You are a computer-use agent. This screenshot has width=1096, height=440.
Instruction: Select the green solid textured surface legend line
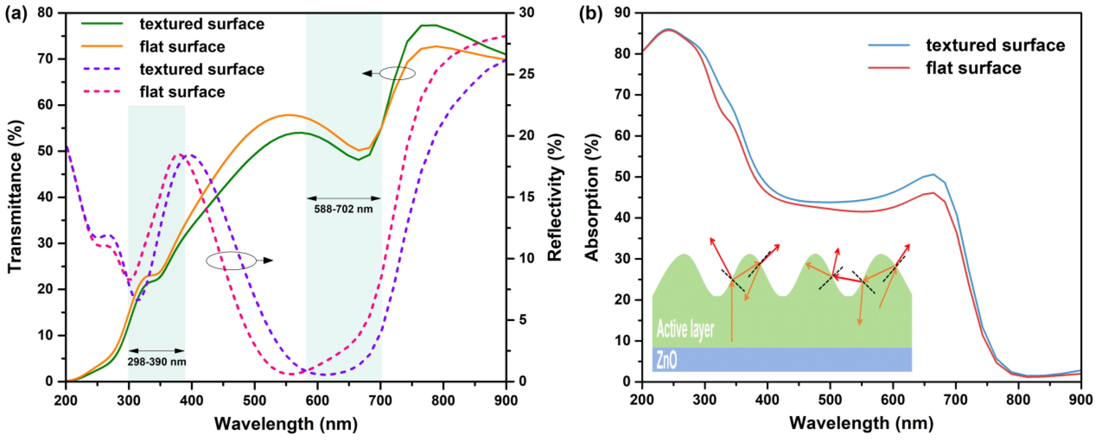coord(102,23)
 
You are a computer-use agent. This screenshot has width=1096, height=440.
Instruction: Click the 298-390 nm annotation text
coord(156,362)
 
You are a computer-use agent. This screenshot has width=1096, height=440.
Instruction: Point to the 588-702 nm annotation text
coord(343,209)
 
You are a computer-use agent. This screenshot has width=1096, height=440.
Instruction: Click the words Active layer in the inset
coord(685,329)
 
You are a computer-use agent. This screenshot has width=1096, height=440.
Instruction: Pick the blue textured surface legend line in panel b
coord(889,45)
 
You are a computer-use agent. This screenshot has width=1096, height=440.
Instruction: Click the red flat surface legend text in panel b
coord(973,68)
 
